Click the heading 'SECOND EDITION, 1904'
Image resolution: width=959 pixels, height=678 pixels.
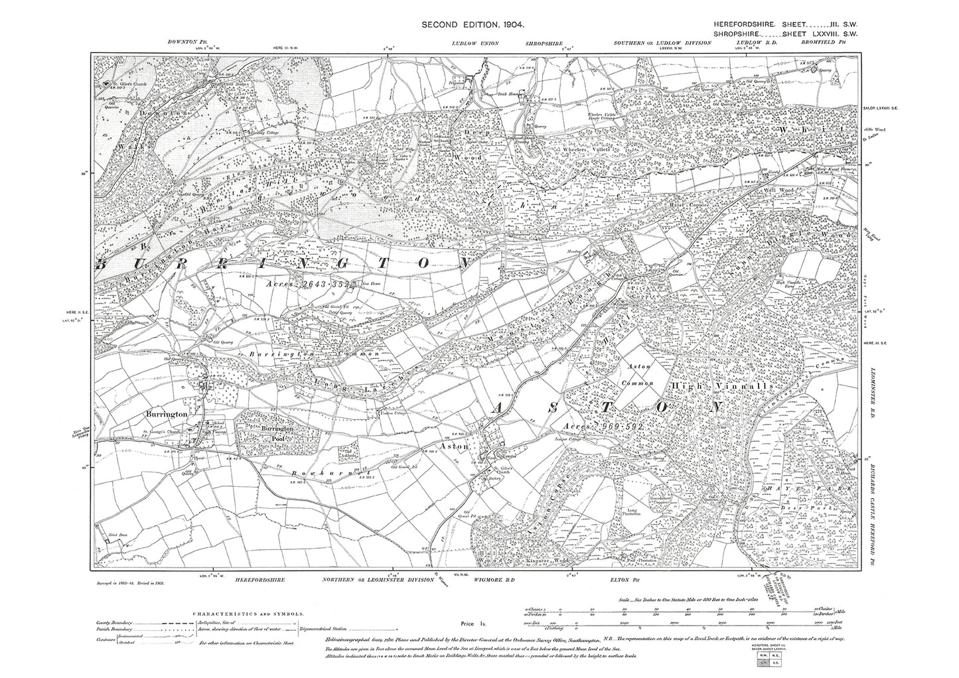coord(473,25)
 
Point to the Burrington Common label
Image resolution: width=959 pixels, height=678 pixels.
coord(313,355)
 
